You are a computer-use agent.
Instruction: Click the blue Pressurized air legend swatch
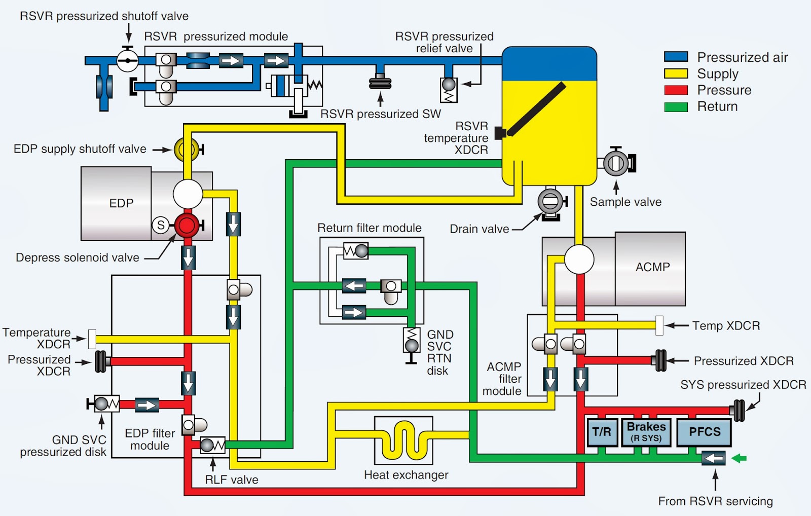tap(676, 57)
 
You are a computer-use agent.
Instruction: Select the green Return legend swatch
tap(676, 106)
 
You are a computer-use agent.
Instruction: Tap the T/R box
tap(602, 432)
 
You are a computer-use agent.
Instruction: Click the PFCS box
tap(704, 432)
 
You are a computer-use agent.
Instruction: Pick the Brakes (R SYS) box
tap(646, 432)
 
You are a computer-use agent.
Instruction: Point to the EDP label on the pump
tap(121, 203)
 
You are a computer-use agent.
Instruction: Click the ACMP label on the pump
tap(652, 267)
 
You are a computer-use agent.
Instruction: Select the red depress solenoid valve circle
tap(187, 226)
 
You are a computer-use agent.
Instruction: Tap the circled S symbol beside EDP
tap(161, 225)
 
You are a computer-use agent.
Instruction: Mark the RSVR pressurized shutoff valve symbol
tap(127, 61)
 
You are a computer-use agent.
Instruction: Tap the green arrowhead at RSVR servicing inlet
tap(740, 458)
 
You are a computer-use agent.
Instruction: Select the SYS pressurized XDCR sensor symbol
tap(739, 410)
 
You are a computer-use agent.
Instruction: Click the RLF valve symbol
tap(212, 446)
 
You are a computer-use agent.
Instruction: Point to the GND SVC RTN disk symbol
tap(412, 340)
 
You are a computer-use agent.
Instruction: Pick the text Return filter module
tap(369, 228)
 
